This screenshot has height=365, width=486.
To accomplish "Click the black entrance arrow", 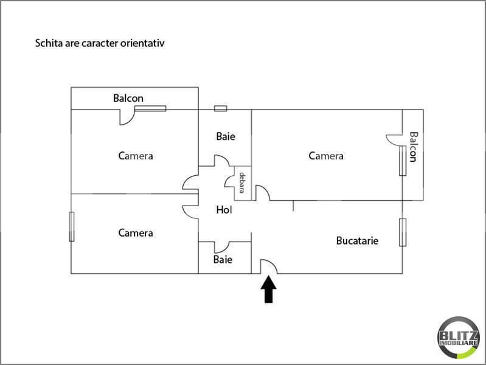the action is point(268,290).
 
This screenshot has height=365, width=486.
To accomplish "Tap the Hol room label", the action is point(224,210).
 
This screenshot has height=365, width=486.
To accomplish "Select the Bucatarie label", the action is point(357,241).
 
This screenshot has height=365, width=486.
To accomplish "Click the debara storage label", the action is point(242,182).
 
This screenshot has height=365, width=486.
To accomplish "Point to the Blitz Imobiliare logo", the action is point(459,338).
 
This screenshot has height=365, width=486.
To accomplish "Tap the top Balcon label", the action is point(128,99).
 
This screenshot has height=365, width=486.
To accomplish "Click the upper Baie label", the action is point(226,136).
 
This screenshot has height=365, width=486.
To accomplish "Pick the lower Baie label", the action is point(223,259).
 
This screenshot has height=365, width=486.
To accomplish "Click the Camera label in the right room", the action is point(326,156).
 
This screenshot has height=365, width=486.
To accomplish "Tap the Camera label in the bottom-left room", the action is point(136,233).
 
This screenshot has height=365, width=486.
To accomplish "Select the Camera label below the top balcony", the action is point(136,156).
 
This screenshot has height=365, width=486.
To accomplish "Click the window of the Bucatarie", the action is point(403,232).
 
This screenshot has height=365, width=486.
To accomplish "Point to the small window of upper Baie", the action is point(220,108).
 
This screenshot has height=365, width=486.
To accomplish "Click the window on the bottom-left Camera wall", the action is point(72,226).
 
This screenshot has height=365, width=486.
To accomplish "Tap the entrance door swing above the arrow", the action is point(268,266).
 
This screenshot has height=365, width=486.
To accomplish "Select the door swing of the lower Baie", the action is point(221,247).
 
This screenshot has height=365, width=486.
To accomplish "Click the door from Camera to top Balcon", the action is point(127,117).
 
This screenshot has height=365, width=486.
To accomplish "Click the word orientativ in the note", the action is point(142,43).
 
